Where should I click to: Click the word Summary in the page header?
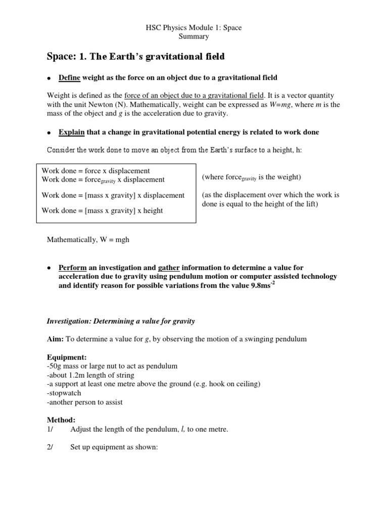tap(194, 36)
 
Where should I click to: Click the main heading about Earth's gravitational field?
tap(135, 57)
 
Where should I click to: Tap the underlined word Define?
tap(70, 77)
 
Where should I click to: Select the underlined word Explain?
tap(72, 132)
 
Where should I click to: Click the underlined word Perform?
tap(73, 268)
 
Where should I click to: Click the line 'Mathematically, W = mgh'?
tap(88, 239)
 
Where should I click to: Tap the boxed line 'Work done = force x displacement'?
tap(95, 171)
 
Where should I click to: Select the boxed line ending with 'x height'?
tap(102, 211)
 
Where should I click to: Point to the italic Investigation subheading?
tap(121, 321)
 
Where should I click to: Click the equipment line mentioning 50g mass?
tap(112, 366)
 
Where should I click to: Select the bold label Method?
tap(61, 420)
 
